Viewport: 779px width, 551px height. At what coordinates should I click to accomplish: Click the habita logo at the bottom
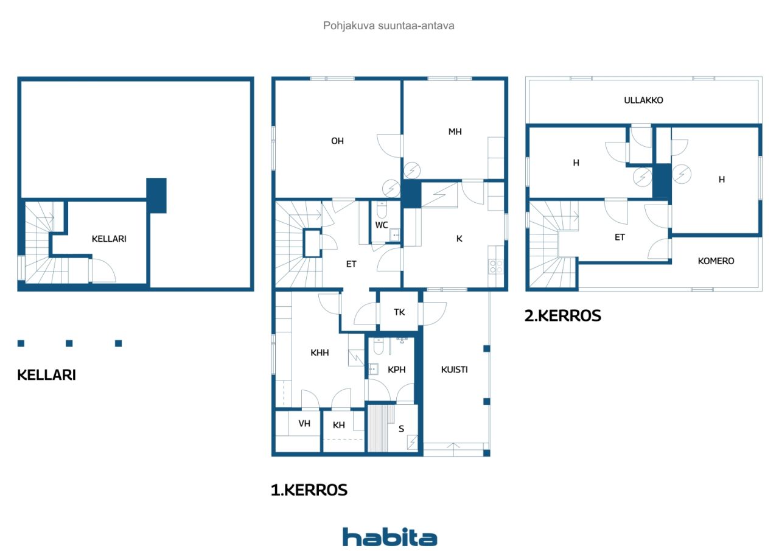(x=389, y=537)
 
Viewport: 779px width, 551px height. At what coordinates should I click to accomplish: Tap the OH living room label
(x=337, y=141)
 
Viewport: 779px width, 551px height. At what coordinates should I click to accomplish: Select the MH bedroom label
(x=455, y=132)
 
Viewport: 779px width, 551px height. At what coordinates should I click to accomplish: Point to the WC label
(x=382, y=225)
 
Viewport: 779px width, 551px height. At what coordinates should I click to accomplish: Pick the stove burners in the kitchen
(x=496, y=267)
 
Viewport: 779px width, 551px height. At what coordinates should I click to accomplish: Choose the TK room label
(x=399, y=312)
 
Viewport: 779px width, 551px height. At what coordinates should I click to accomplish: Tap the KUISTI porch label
(x=455, y=370)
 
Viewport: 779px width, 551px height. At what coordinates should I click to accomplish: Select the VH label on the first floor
(x=304, y=423)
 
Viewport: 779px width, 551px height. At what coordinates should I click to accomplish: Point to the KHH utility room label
(x=320, y=353)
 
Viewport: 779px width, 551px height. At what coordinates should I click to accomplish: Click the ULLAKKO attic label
(x=643, y=100)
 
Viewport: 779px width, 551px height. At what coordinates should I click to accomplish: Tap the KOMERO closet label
(x=716, y=261)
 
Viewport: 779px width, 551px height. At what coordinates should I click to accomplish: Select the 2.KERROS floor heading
(x=563, y=315)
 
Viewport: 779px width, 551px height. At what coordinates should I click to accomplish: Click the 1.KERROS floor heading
(x=309, y=490)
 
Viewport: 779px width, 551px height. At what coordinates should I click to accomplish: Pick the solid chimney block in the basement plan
(x=156, y=195)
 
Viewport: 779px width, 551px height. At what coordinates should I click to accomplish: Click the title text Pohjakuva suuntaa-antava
(x=388, y=26)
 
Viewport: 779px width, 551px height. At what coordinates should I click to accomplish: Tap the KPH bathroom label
(x=396, y=370)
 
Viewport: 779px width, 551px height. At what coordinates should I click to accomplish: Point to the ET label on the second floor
(x=620, y=237)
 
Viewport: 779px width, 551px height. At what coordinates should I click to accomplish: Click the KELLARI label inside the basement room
(x=109, y=239)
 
